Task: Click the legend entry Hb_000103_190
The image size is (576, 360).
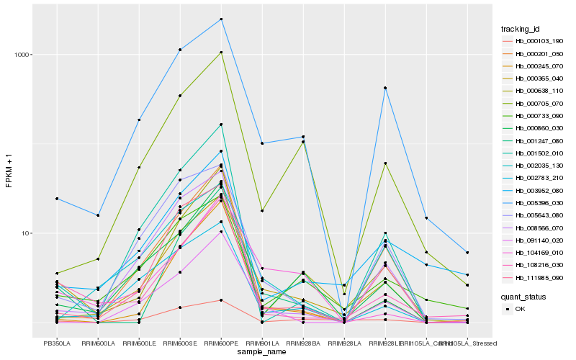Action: (x=536, y=41)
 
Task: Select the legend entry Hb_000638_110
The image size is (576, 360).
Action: (x=536, y=91)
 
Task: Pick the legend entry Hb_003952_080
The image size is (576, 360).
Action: (x=536, y=191)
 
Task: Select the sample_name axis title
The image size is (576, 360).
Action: (x=262, y=352)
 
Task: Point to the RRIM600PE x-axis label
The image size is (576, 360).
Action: (x=221, y=343)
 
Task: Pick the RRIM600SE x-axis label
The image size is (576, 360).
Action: (x=180, y=343)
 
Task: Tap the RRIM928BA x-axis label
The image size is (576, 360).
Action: (x=303, y=343)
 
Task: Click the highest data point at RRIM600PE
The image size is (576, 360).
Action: (x=221, y=19)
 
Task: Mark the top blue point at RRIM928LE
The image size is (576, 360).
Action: (x=385, y=88)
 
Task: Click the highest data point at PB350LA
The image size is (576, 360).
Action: (x=57, y=199)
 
